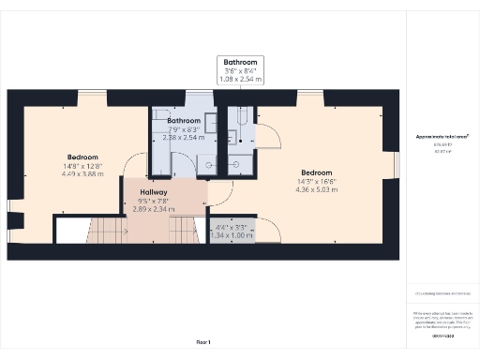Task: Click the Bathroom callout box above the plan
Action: [240, 70]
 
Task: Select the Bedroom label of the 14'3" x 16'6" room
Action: [316, 172]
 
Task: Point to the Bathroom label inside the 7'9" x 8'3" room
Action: [184, 121]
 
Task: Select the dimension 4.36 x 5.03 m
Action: [316, 190]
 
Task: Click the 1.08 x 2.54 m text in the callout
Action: [240, 80]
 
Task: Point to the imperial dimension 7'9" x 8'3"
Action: [184, 129]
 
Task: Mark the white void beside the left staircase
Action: [70, 230]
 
